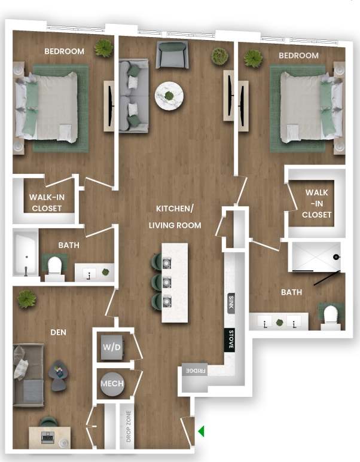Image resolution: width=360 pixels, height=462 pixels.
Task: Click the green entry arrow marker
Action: pyautogui.click(x=202, y=431)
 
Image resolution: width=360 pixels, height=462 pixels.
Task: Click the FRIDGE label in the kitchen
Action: pyautogui.click(x=194, y=371)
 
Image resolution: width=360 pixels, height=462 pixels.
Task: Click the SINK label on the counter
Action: pyautogui.click(x=230, y=302)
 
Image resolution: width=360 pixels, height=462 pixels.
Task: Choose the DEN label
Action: pyautogui.click(x=59, y=332)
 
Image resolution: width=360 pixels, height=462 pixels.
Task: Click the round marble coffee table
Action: pyautogui.click(x=169, y=96)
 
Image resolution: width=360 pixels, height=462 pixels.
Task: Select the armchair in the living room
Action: pyautogui.click(x=172, y=55)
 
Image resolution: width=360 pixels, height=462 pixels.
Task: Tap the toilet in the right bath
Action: pyautogui.click(x=330, y=316)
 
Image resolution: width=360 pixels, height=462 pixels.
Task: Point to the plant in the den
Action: pyautogui.click(x=27, y=299)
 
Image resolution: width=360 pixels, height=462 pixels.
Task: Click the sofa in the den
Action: pyautogui.click(x=28, y=374)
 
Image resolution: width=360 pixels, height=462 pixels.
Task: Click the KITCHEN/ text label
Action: pyautogui.click(x=175, y=209)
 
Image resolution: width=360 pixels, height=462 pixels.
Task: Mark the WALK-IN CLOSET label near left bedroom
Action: pyautogui.click(x=45, y=203)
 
